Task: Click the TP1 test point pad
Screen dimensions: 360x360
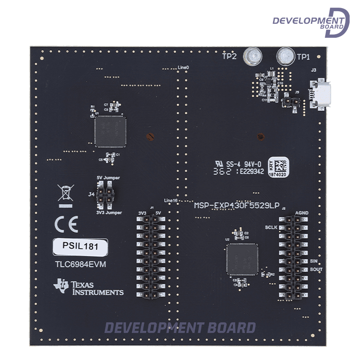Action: pos(285,56)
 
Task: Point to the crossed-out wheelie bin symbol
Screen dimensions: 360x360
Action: pos(65,193)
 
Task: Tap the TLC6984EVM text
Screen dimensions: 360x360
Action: pos(81,265)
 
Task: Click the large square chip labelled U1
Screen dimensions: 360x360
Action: pos(110,130)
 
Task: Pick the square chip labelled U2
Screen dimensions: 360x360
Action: pos(242,259)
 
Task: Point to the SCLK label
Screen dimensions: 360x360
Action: pos(271,227)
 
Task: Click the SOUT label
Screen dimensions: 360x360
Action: pos(316,269)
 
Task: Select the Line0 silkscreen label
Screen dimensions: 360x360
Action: pos(183,67)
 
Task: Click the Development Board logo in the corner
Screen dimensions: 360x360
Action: pos(311,22)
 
